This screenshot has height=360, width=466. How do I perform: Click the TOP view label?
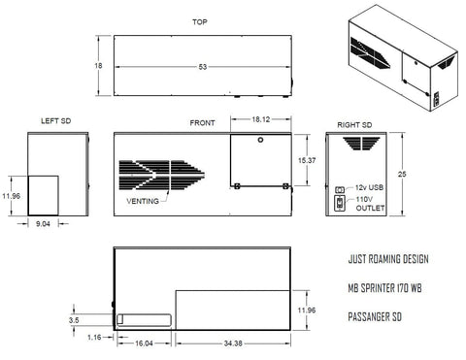[200, 22]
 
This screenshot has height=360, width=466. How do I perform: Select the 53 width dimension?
[203, 67]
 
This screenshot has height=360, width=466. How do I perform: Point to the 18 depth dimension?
[98, 66]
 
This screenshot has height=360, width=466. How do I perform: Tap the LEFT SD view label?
[55, 121]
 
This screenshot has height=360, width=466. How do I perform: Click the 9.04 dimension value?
[43, 224]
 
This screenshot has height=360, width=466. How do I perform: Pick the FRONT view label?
[202, 123]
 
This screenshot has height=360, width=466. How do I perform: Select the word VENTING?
[143, 201]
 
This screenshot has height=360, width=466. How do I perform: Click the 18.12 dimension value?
[261, 119]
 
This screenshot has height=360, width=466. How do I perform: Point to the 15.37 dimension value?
[307, 160]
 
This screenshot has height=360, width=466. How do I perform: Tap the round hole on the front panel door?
[260, 140]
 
